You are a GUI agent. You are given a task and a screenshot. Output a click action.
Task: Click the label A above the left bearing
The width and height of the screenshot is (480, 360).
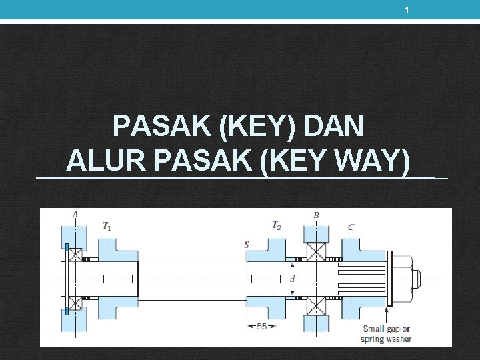(x=75, y=214)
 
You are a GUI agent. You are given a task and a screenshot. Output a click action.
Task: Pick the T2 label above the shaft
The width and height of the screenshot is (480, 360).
(x=276, y=225)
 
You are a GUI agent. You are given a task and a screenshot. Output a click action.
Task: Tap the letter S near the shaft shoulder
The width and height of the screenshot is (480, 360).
(x=246, y=245)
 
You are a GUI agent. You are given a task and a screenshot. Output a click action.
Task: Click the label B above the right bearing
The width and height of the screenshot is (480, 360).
(x=316, y=215)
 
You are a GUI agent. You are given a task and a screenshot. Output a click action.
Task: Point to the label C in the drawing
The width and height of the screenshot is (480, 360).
(x=351, y=227)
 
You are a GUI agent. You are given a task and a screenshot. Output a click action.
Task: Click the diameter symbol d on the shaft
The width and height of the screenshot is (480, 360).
(x=292, y=279)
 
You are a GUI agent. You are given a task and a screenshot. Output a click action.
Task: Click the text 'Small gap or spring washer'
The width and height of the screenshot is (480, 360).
(x=387, y=333)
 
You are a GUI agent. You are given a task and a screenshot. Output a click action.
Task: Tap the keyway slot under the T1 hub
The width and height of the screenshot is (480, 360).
(x=117, y=279)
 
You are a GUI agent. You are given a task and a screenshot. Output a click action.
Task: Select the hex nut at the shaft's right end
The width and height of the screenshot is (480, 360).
(x=398, y=278)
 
